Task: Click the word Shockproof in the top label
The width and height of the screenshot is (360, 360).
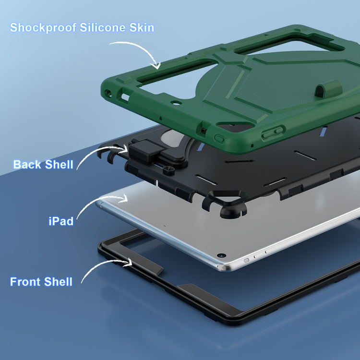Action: pos(43,28)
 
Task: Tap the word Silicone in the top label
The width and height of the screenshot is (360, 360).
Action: pos(103,27)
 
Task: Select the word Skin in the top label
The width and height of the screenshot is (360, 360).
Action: pos(142,27)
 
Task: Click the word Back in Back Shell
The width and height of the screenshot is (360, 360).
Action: pos(27,164)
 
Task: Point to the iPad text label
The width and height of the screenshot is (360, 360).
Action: pos(61,221)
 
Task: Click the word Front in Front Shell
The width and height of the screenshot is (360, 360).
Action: pos(25,282)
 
